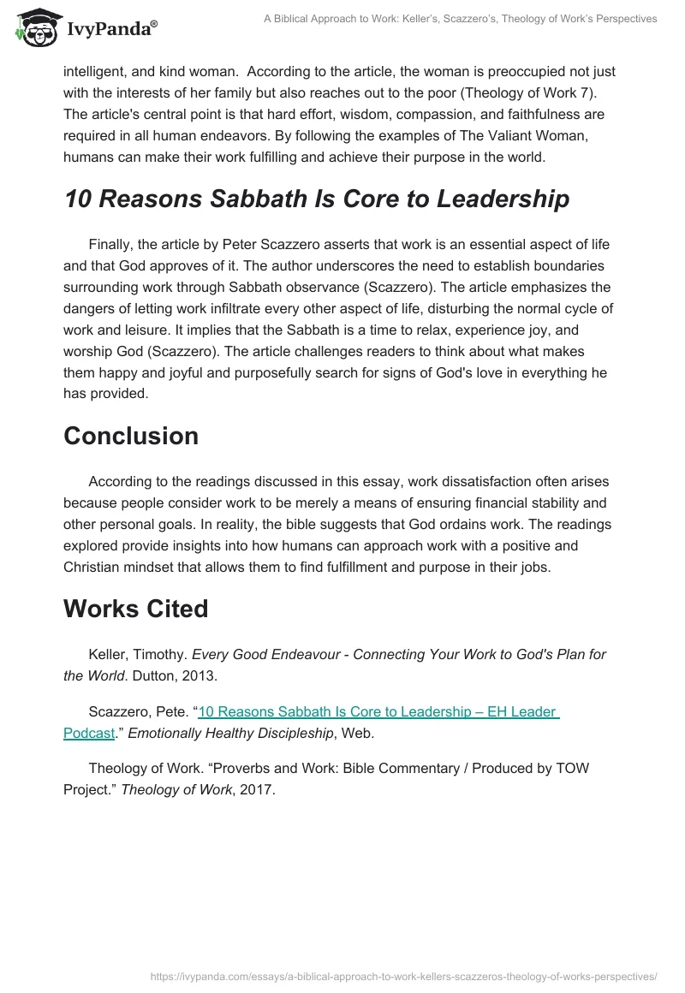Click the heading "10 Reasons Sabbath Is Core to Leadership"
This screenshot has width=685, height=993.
316,199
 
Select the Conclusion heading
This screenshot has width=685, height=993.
131,436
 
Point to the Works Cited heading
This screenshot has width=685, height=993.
136,609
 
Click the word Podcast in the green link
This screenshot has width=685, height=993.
89,733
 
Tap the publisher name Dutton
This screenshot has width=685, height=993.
154,675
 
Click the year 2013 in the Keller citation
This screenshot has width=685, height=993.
200,675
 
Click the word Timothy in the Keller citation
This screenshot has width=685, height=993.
160,654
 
